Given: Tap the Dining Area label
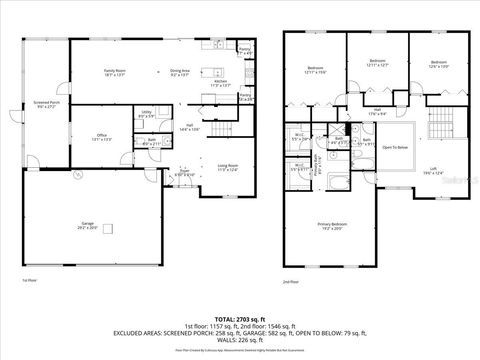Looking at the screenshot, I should point(180,73).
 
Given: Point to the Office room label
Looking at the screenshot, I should point(102,136).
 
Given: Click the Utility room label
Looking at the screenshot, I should point(146,114).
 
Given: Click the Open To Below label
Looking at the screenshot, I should point(396,147).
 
